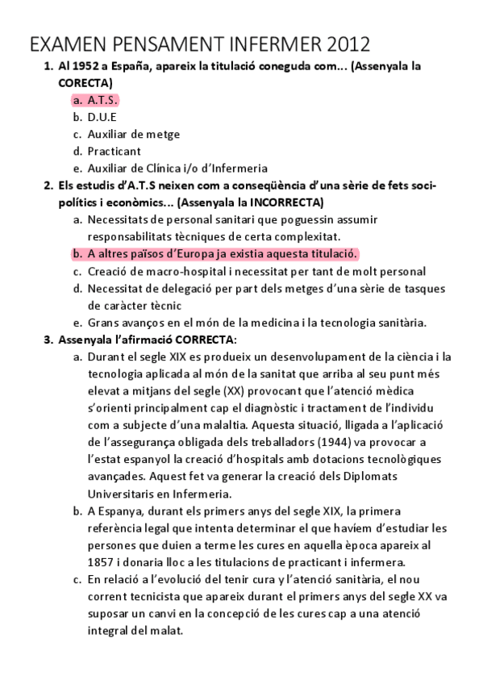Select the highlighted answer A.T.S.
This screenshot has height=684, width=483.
coord(102,100)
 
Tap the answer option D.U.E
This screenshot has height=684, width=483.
coord(102,117)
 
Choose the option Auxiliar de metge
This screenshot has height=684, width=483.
coord(133,134)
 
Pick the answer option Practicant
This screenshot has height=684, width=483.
coord(114,151)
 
